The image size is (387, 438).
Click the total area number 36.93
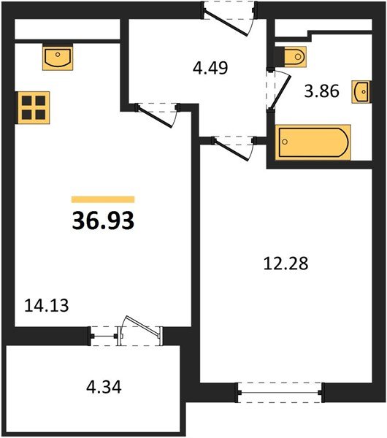(103, 220)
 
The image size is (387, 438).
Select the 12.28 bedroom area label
(286, 263)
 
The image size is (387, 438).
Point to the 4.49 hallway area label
(211, 69)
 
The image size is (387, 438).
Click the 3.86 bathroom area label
(321, 92)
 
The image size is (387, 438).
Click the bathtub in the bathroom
(312, 142)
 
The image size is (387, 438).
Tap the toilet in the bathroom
(292, 56)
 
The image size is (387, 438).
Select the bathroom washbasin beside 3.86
(360, 91)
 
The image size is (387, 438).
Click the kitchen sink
(57, 58)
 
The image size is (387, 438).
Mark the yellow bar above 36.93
(103, 199)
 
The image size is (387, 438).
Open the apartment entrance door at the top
(229, 17)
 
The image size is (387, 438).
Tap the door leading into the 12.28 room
(232, 146)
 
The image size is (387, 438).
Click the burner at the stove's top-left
(26, 101)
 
